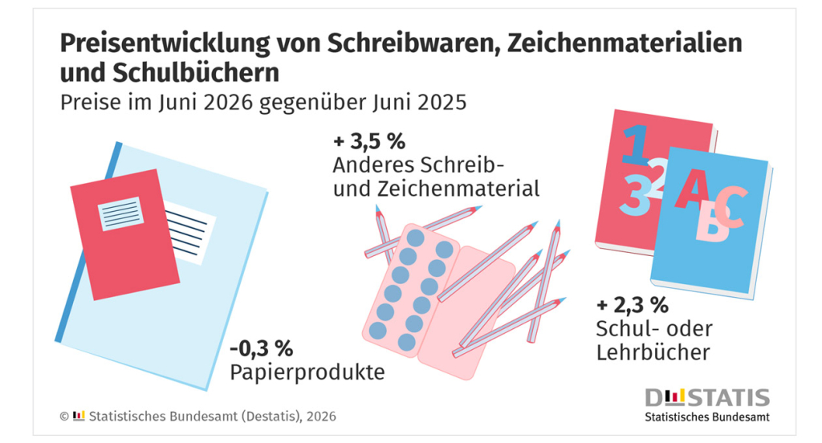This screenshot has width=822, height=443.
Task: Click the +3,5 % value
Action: pyautogui.click(x=369, y=141)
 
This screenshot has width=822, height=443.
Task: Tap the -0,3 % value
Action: pyautogui.click(x=261, y=348)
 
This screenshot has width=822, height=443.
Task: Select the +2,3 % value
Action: pyautogui.click(x=633, y=305)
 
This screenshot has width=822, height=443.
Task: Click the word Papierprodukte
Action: pyautogui.click(x=307, y=372)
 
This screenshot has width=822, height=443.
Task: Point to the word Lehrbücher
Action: pyautogui.click(x=653, y=352)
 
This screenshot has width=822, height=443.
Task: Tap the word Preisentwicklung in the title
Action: pyautogui.click(x=165, y=44)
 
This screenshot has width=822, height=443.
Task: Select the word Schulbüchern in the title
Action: pyautogui.click(x=196, y=73)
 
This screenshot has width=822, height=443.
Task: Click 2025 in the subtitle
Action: pyautogui.click(x=442, y=102)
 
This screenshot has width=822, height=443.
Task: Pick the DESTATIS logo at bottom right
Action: pyautogui.click(x=707, y=398)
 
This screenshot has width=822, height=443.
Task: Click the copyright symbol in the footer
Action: pyautogui.click(x=64, y=417)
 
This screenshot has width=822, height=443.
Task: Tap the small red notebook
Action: pyautogui.click(x=125, y=234)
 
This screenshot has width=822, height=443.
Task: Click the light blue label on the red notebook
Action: pyautogui.click(x=121, y=214)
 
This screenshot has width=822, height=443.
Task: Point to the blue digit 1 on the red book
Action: pyautogui.click(x=636, y=144)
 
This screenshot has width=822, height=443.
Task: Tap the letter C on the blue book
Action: pyautogui.click(x=730, y=206)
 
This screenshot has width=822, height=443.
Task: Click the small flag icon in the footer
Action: pyautogui.click(x=79, y=416)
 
